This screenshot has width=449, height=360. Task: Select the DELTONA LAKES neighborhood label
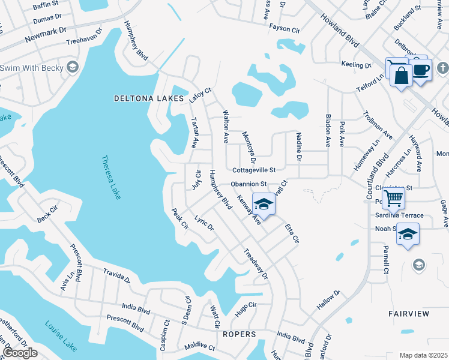pyautogui.click(x=148, y=98)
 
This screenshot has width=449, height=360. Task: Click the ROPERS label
pyautogui.click(x=240, y=334)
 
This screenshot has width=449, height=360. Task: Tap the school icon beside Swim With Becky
pyautogui.click(x=73, y=67)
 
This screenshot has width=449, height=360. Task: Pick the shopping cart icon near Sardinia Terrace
pyautogui.click(x=394, y=196)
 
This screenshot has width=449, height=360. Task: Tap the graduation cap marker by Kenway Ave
pyautogui.click(x=264, y=203)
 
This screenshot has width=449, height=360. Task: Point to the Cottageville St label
pyautogui.click(x=253, y=170)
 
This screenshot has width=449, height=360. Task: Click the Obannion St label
pyautogui.click(x=249, y=184)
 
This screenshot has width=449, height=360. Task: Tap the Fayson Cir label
pyautogui.click(x=284, y=29)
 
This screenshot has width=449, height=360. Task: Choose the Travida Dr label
pyautogui.click(x=116, y=275)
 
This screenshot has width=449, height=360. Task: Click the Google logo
pyautogui.click(x=20, y=353)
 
